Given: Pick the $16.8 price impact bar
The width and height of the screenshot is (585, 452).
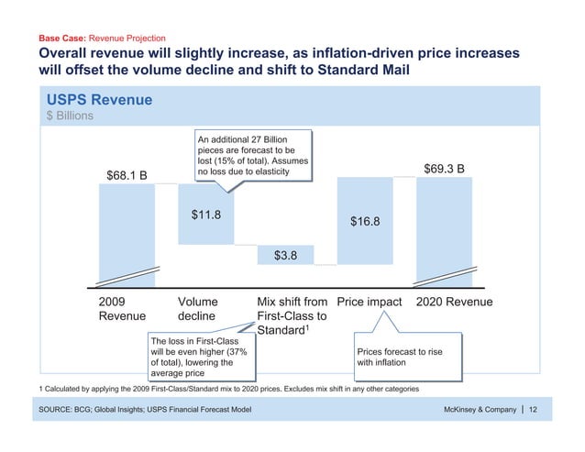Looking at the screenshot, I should [365, 221].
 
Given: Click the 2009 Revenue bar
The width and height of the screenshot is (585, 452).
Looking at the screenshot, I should [127, 234].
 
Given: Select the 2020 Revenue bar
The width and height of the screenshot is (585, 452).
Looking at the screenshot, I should [444, 229].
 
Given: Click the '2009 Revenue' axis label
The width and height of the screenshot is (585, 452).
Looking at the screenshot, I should [121, 308].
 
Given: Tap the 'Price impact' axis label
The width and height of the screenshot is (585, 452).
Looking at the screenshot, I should [370, 301].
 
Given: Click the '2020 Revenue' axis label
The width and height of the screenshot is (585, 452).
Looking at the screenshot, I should [454, 301].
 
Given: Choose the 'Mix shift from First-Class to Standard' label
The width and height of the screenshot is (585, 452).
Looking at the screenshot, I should [292, 315].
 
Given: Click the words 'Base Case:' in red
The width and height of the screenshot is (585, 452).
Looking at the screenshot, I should [62, 39].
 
